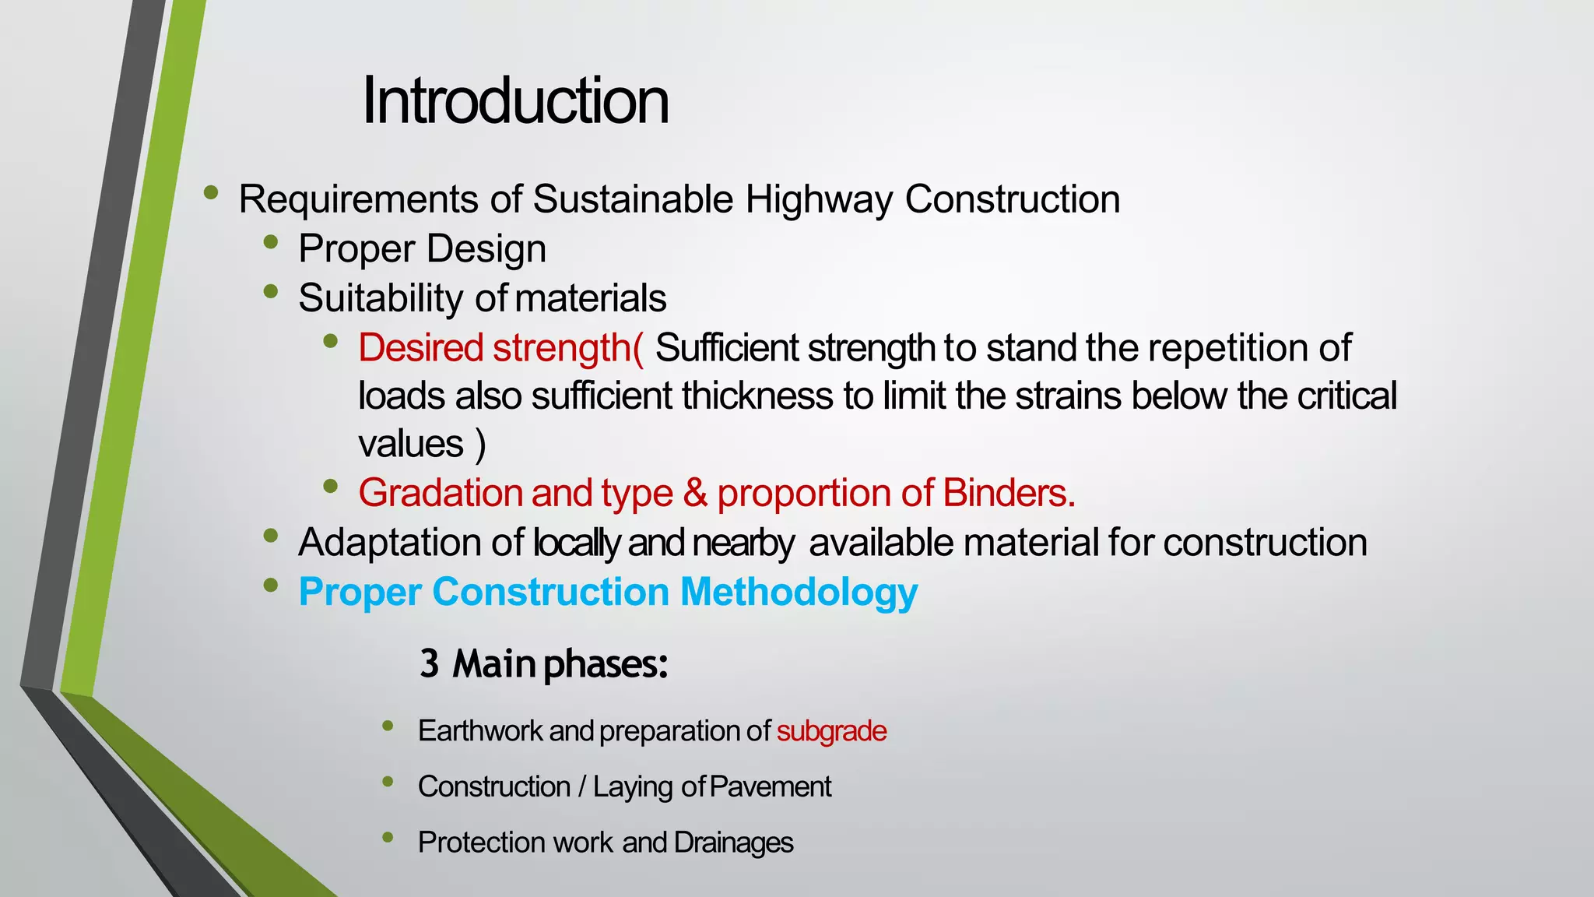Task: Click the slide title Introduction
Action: pyautogui.click(x=515, y=101)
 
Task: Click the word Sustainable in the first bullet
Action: pyautogui.click(x=633, y=199)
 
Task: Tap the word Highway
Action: pyautogui.click(x=819, y=199)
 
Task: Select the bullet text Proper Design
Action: pyautogui.click(x=422, y=249)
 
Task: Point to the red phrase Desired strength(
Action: pyautogui.click(x=500, y=348)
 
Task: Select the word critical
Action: pyautogui.click(x=1346, y=396)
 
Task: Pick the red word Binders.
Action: pyautogui.click(x=1009, y=493)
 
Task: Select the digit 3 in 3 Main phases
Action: pyautogui.click(x=429, y=664)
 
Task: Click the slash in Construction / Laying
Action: pyautogui.click(x=581, y=787)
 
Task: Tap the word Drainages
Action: pyautogui.click(x=733, y=842)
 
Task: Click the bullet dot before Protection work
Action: pyautogui.click(x=388, y=838)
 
